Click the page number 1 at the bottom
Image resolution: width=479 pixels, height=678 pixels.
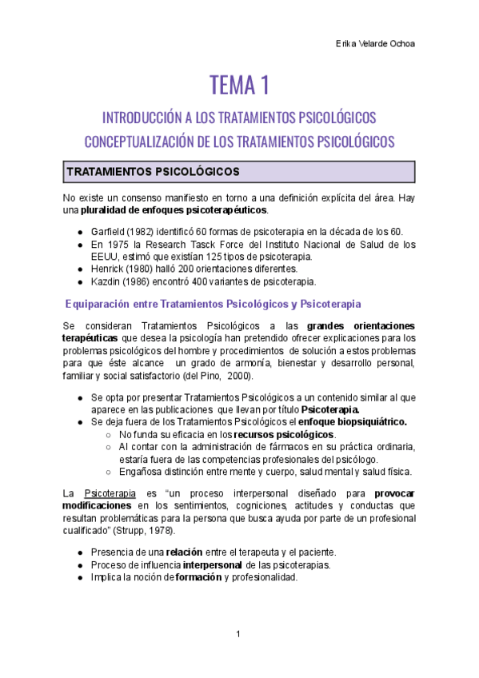[238, 634]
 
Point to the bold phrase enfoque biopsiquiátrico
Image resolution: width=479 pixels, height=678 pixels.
[353, 421]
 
